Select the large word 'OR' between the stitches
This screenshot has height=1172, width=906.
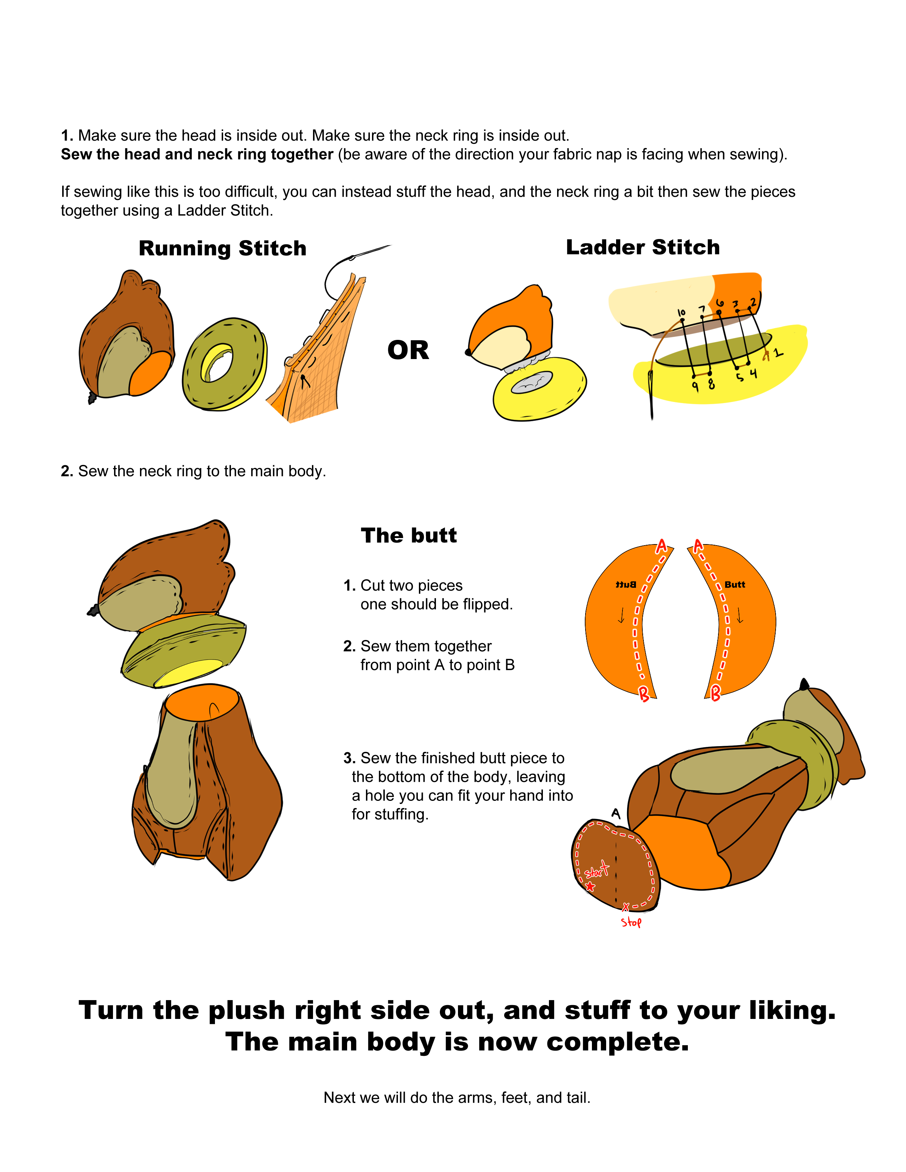[x=408, y=351]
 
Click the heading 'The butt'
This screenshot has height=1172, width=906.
[x=409, y=536]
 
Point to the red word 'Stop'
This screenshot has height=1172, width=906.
[x=631, y=922]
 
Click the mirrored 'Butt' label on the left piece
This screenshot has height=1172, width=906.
[x=625, y=584]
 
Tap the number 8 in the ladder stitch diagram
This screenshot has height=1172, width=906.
[x=711, y=384]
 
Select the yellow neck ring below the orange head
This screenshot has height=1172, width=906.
[x=539, y=389]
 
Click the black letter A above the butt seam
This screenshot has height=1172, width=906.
[x=616, y=814]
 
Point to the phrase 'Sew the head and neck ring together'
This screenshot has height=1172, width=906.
[x=197, y=154]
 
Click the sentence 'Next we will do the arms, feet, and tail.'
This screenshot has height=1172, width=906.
[x=457, y=1097]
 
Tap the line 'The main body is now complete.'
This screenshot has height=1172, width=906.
[x=457, y=1042]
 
